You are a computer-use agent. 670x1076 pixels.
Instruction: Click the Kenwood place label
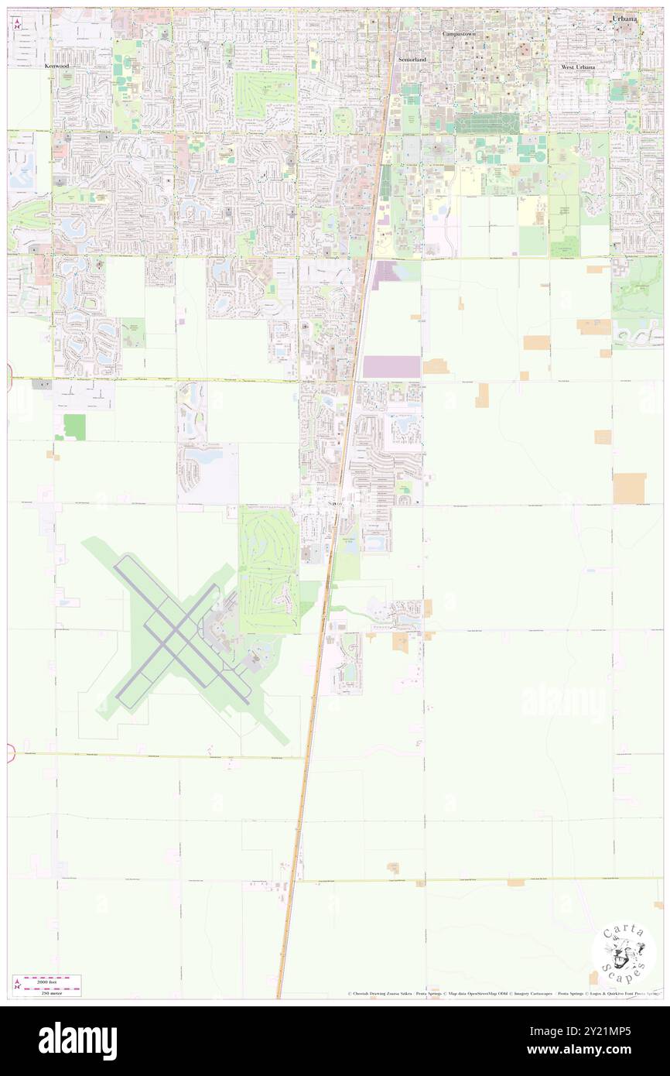pos(56,67)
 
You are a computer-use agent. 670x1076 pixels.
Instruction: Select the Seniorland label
pos(412,60)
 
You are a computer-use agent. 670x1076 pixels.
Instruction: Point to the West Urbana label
pos(578,68)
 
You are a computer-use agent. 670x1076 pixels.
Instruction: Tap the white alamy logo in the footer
pos(77,1040)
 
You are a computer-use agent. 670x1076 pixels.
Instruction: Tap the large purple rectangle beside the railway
pos(391,366)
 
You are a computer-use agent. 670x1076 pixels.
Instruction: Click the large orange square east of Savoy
pos(629,488)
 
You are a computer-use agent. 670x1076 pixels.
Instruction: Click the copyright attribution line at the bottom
pos(503,993)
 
